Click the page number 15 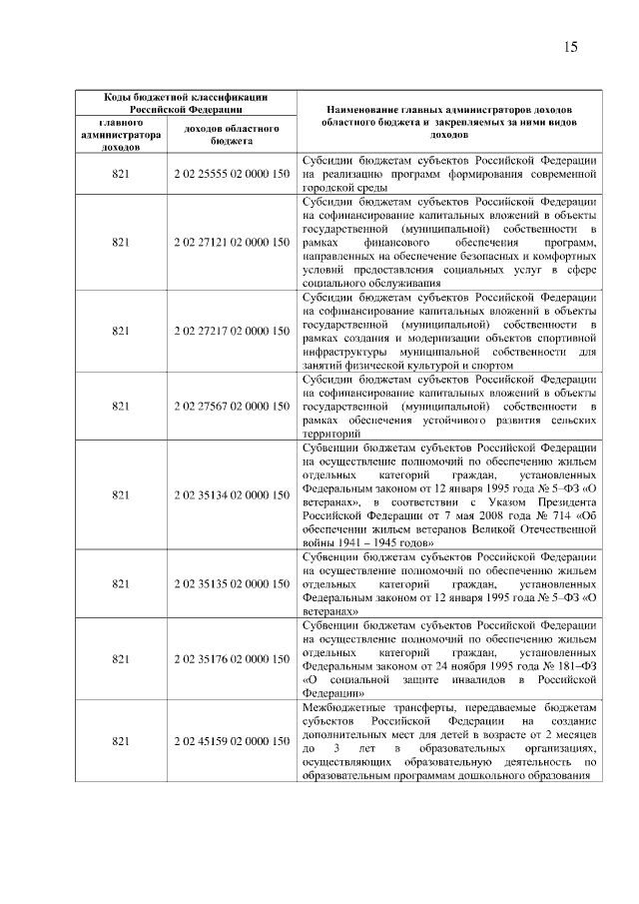pos(571,47)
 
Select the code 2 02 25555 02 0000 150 pos(232,173)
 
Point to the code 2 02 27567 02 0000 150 pos(232,407)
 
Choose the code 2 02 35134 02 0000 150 pos(232,494)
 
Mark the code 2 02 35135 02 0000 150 pos(232,582)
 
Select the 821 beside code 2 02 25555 pos(121,173)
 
